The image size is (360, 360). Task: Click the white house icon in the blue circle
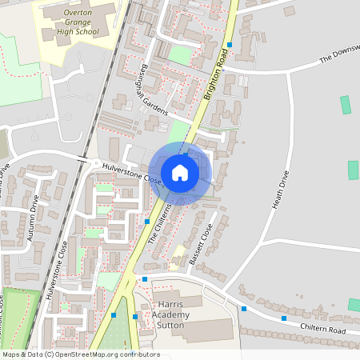click(180, 173)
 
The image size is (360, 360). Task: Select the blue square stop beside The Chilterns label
click(147, 220)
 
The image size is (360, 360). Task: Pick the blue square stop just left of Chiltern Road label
click(283, 318)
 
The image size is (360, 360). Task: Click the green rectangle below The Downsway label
click(346, 105)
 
